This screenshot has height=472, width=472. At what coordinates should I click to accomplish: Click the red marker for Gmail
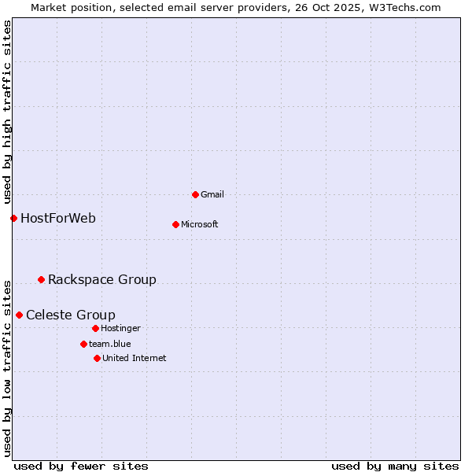click(195, 194)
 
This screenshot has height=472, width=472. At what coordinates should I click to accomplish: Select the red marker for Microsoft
click(175, 224)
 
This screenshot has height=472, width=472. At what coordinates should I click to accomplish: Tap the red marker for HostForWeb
click(13, 218)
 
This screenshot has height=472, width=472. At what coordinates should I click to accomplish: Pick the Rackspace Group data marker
click(41, 279)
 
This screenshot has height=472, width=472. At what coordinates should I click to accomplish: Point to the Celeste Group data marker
click(19, 315)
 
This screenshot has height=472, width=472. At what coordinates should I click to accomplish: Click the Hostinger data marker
click(95, 328)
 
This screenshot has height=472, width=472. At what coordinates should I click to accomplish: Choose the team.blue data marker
click(83, 344)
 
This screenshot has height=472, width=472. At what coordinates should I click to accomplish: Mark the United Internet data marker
click(97, 358)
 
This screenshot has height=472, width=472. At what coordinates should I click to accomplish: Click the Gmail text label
click(212, 194)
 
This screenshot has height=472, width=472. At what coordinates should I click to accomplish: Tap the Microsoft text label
click(200, 224)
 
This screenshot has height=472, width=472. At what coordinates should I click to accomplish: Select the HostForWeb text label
click(58, 218)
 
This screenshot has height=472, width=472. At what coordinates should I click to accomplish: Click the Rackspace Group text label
click(102, 279)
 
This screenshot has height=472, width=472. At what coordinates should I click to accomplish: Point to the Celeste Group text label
click(71, 315)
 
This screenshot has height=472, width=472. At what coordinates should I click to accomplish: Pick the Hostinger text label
click(120, 328)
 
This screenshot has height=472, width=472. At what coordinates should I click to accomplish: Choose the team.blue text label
click(110, 344)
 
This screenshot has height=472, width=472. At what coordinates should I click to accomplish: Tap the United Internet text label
click(135, 358)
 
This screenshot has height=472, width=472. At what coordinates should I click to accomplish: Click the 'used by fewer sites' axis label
click(81, 466)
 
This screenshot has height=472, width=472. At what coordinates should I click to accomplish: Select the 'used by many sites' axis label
click(395, 466)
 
